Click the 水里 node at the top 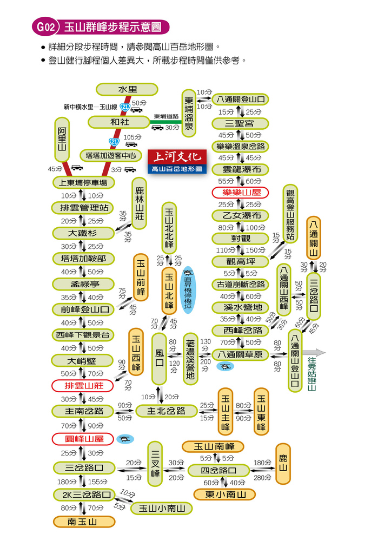[127, 89]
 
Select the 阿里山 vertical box [62, 140]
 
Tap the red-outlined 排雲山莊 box [82, 386]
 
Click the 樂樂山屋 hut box [240, 193]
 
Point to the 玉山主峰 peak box [226, 412]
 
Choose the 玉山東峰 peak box [261, 412]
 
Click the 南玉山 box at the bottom [84, 522]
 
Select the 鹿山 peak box [283, 464]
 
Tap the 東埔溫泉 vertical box [189, 113]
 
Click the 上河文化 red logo [177, 157]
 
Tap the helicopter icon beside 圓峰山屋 [125, 439]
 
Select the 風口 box [159, 359]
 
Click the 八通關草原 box [240, 354]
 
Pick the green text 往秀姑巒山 [312, 373]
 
